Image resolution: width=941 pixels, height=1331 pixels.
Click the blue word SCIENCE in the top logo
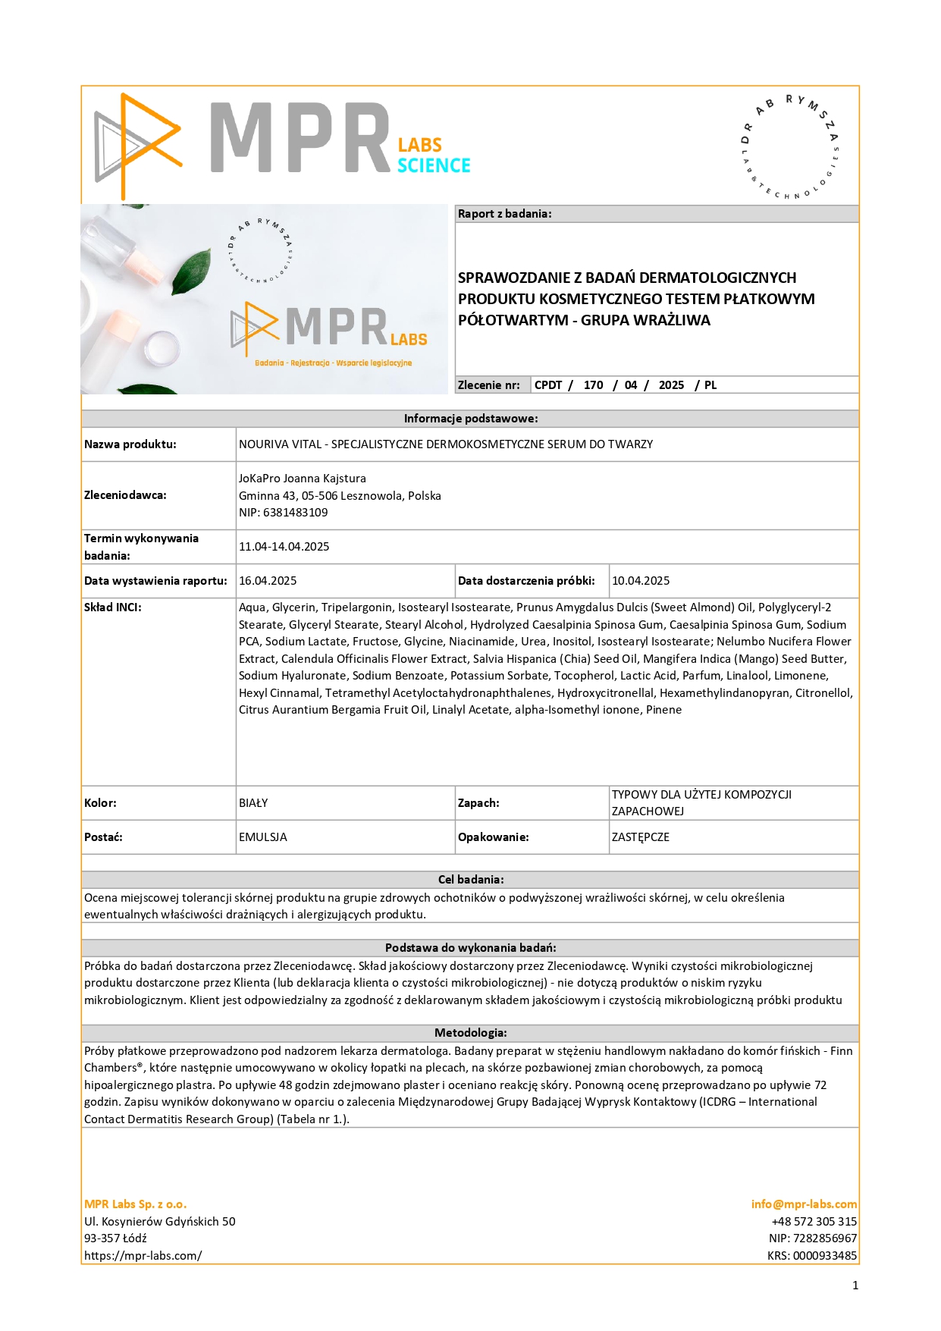tap(434, 165)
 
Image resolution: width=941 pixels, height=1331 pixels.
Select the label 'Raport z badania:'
tap(504, 214)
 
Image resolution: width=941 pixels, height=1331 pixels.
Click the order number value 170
tap(593, 385)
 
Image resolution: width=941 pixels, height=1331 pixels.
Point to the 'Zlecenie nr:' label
tap(489, 385)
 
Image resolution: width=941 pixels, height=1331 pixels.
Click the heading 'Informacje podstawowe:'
tap(470, 419)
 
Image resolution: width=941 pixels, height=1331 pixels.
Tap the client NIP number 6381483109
tap(295, 513)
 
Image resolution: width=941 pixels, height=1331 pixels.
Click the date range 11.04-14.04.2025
tap(284, 547)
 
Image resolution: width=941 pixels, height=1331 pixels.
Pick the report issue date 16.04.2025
tap(268, 581)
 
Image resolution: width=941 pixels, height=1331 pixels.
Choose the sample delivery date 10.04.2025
tap(641, 581)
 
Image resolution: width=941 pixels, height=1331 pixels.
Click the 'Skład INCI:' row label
tap(113, 607)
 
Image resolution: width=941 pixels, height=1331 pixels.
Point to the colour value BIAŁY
tap(253, 803)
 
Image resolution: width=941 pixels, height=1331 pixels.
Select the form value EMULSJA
tap(263, 837)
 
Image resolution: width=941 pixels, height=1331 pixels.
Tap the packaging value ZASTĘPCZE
tap(641, 837)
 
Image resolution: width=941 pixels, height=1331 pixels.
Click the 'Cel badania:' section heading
tap(470, 880)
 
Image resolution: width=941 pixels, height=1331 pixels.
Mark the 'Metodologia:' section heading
tap(470, 1033)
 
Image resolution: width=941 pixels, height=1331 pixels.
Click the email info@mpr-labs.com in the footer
tap(804, 1204)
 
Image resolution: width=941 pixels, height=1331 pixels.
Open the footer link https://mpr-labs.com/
tap(143, 1256)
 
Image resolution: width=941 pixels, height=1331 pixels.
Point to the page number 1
tap(855, 1285)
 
